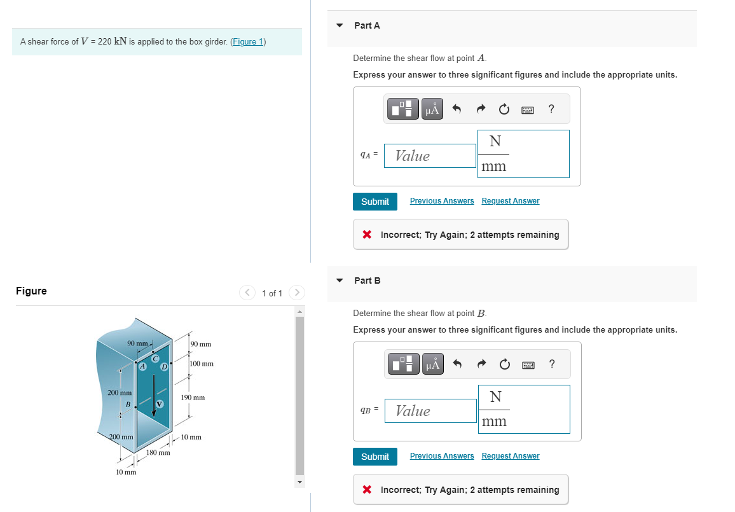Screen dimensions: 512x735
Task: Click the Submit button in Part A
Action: coord(375,202)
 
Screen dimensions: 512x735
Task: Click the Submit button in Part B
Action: coord(375,457)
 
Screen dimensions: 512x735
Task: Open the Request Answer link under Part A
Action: coord(510,201)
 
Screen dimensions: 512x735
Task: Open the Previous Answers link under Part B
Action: coord(442,456)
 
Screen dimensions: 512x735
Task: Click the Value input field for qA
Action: coord(430,156)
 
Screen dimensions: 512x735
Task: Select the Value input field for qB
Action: coord(430,411)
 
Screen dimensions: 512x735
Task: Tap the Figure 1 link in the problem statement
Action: coord(247,42)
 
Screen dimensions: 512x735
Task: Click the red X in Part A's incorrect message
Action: coord(367,235)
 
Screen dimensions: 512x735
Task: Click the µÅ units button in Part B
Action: coord(432,364)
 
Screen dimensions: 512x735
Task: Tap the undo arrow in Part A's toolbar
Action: coord(456,109)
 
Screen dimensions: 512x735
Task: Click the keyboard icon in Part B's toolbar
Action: coord(527,364)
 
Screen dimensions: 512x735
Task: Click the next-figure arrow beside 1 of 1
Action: coord(297,293)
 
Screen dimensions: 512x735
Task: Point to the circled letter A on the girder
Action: coord(143,366)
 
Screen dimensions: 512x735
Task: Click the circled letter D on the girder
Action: coord(164,366)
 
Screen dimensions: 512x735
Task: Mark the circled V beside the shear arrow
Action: coord(160,403)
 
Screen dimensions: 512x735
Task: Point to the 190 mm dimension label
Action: coord(193,398)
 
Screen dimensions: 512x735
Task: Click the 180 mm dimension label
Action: coord(158,453)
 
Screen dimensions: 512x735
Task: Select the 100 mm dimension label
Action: coord(202,364)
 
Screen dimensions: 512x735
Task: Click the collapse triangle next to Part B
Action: coord(340,280)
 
